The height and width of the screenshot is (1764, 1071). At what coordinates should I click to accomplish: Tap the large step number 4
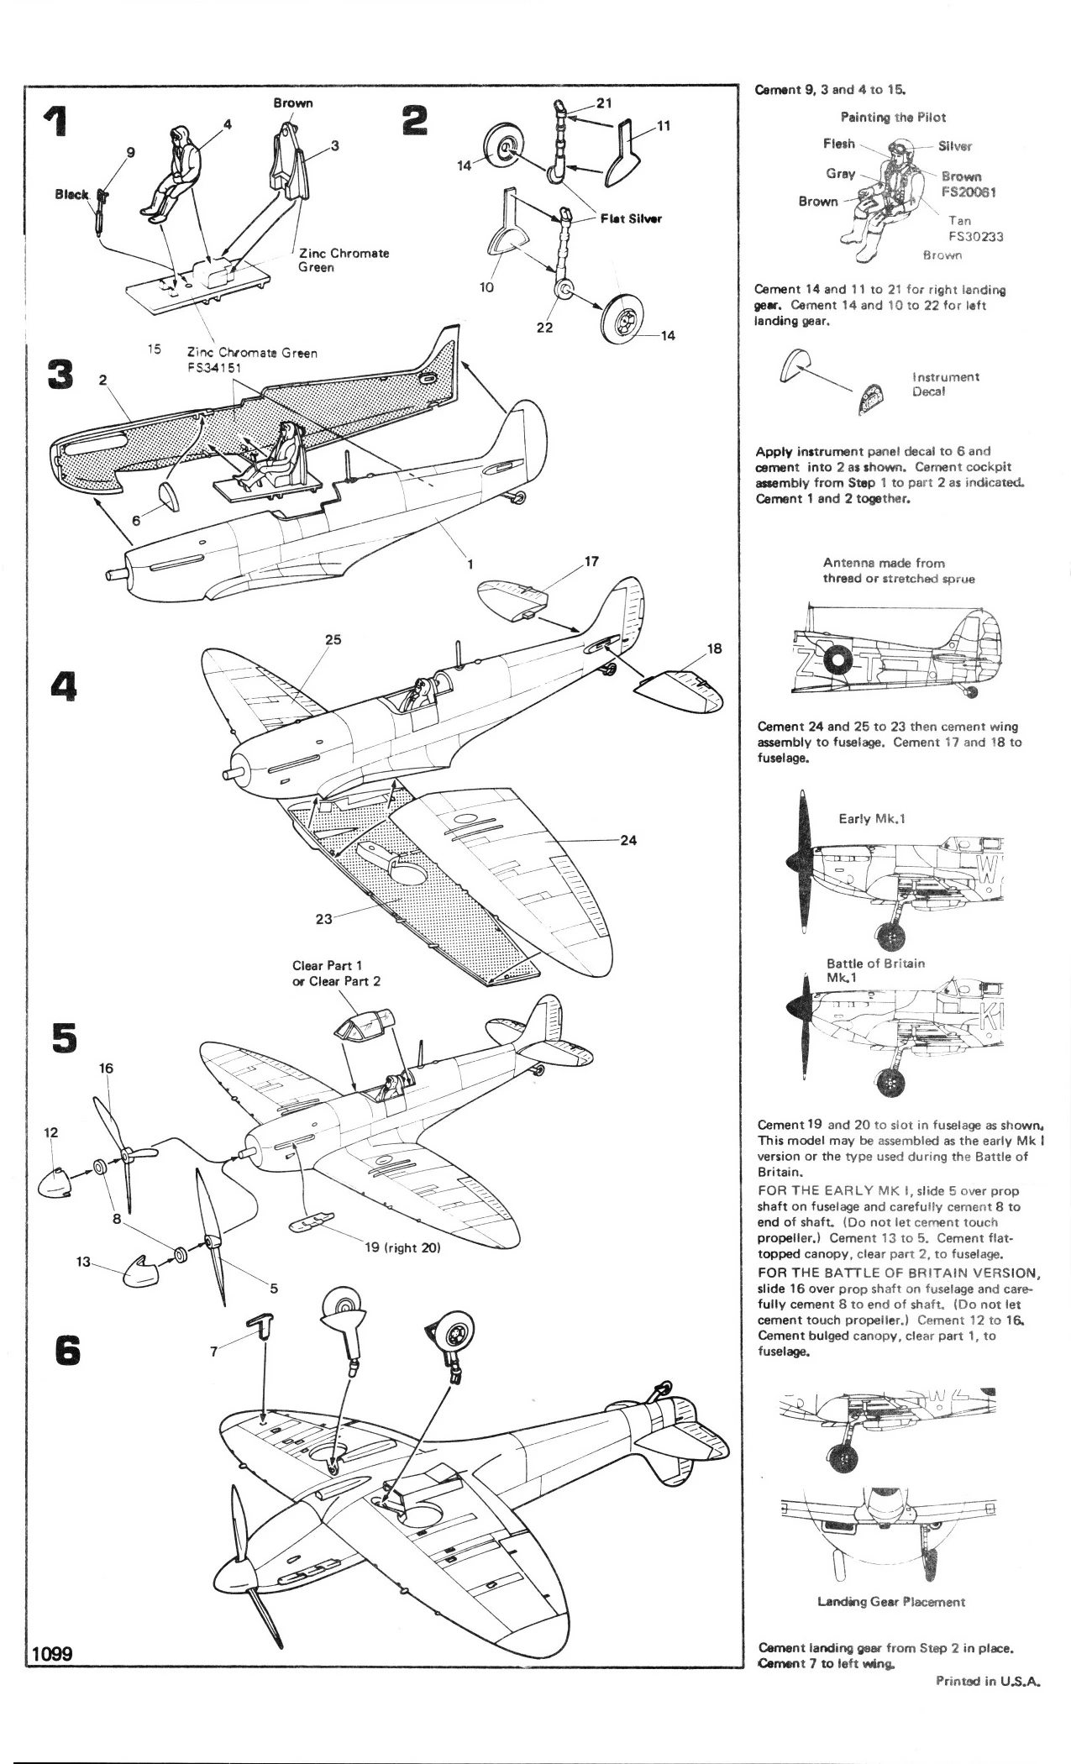pyautogui.click(x=62, y=685)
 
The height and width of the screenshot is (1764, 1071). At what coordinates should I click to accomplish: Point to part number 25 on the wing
pyautogui.click(x=333, y=639)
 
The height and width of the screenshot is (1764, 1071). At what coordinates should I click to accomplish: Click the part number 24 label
pyautogui.click(x=627, y=840)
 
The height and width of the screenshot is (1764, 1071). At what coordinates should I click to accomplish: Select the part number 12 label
pyautogui.click(x=50, y=1131)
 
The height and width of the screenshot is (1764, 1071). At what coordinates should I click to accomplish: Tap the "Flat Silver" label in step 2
pyautogui.click(x=631, y=218)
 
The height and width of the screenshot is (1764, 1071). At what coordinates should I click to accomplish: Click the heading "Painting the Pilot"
pyautogui.click(x=893, y=118)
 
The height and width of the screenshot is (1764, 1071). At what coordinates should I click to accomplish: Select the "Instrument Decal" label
pyautogui.click(x=945, y=384)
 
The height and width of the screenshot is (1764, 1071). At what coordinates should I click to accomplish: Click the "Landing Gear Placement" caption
pyautogui.click(x=891, y=1601)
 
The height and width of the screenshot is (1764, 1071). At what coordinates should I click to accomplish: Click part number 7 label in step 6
pyautogui.click(x=214, y=1351)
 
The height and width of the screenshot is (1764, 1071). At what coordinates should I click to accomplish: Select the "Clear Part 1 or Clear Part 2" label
pyautogui.click(x=328, y=973)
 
